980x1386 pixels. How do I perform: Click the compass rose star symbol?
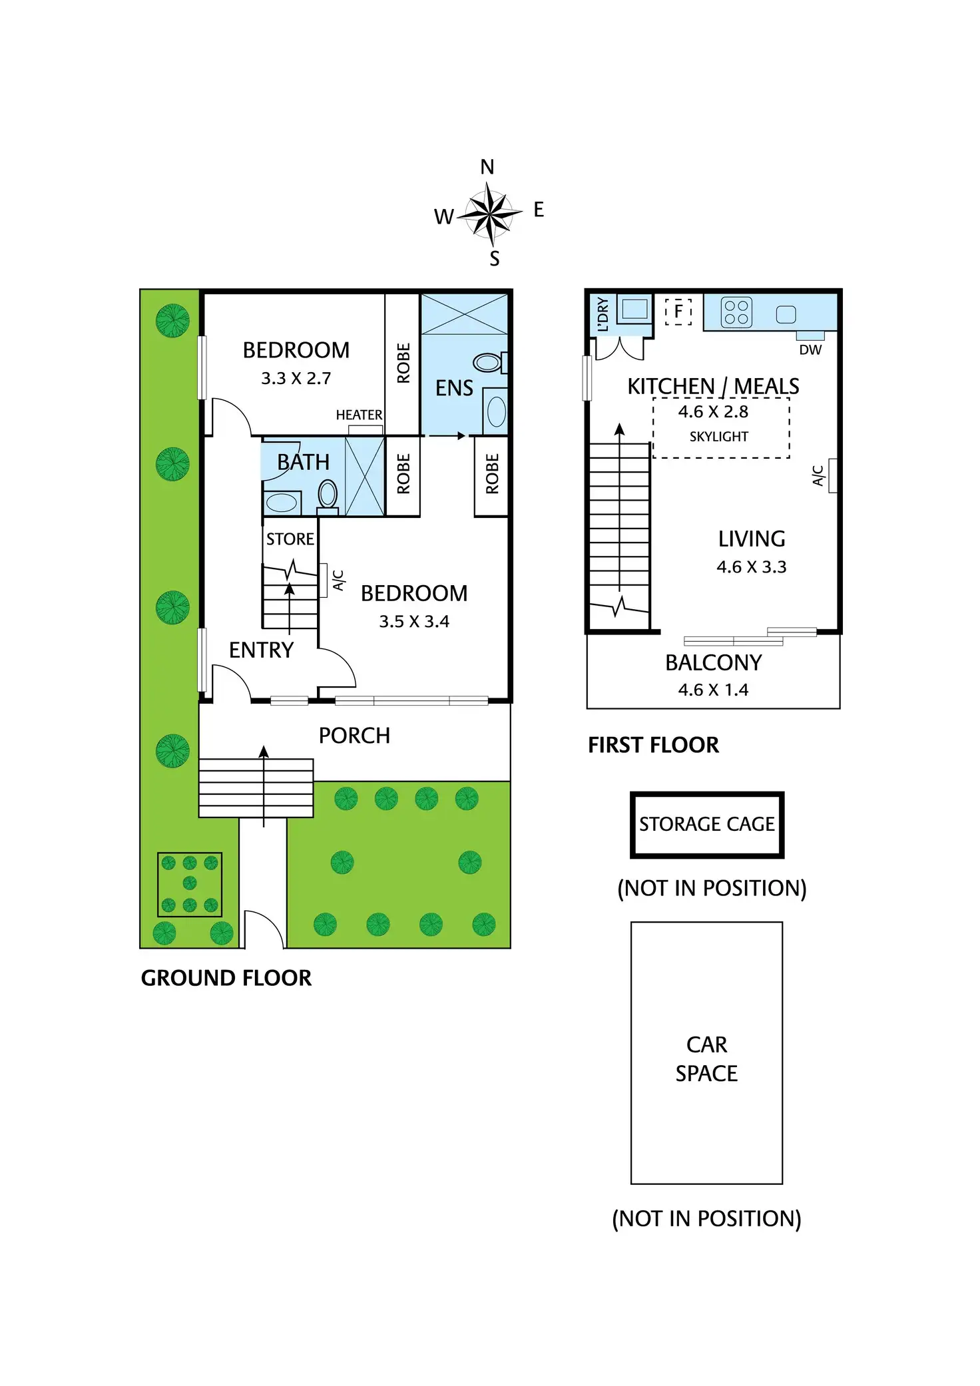(x=490, y=214)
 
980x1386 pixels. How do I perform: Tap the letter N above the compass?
(x=487, y=167)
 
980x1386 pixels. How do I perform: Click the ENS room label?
(x=454, y=388)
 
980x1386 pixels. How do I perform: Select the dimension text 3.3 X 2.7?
(x=296, y=378)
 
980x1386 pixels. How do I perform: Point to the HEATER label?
(x=359, y=415)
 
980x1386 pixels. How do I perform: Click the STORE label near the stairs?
(x=290, y=539)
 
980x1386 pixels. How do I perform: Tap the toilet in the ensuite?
(x=489, y=363)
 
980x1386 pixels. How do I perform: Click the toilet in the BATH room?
(x=328, y=495)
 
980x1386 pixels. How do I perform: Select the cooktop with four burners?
(x=736, y=312)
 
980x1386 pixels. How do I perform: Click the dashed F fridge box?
(x=678, y=311)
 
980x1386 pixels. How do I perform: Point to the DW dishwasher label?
(x=810, y=349)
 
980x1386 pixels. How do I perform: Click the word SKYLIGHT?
(x=718, y=437)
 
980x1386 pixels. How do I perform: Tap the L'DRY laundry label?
(x=603, y=314)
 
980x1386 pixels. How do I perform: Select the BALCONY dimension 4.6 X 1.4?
(x=713, y=690)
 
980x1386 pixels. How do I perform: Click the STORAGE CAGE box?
(x=706, y=824)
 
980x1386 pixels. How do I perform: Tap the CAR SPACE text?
(x=706, y=1058)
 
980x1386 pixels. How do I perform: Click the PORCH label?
(x=354, y=736)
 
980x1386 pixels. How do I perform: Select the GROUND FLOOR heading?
(x=226, y=978)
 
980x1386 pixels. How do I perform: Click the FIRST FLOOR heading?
(x=653, y=745)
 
